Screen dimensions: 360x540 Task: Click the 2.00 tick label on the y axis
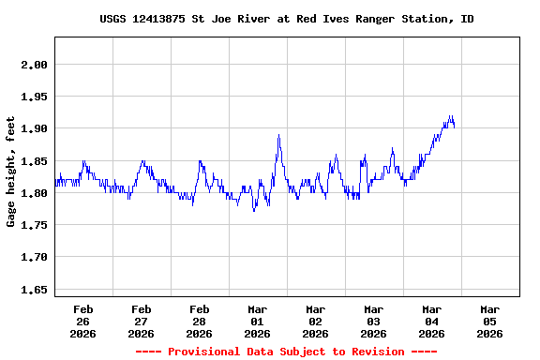(35, 65)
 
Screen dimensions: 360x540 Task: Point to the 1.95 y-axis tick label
(35, 97)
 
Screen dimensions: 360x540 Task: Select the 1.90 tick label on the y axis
(35, 128)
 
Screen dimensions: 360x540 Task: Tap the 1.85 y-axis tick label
(35, 161)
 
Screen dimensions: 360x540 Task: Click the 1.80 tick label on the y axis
(35, 193)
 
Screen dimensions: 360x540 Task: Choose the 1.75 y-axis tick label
(35, 225)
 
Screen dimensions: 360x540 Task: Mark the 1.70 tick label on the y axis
(35, 257)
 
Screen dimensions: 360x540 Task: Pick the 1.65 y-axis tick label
(35, 291)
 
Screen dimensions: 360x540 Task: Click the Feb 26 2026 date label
(83, 321)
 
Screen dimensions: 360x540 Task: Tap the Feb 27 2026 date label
(142, 321)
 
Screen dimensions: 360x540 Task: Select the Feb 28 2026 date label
(200, 321)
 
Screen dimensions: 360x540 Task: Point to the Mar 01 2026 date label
(258, 321)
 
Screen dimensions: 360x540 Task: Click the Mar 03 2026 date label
(374, 321)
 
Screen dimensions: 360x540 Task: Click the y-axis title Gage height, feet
(11, 172)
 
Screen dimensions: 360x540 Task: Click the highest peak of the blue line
(451, 116)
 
